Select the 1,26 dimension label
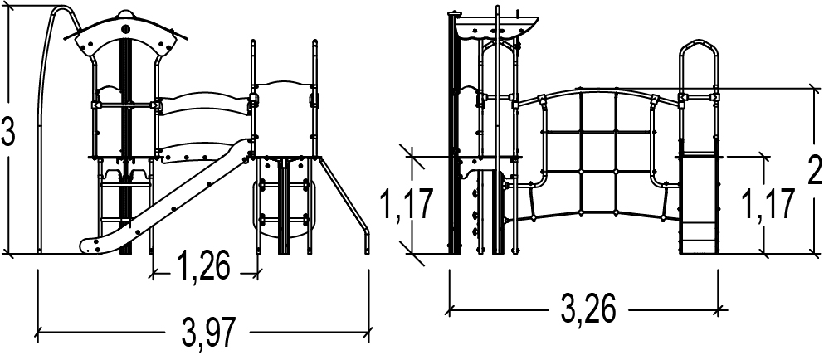pyautogui.click(x=203, y=266)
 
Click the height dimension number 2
pyautogui.click(x=815, y=170)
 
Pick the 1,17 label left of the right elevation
pyautogui.click(x=407, y=204)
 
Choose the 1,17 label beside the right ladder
pyautogui.click(x=766, y=204)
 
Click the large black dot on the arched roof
pyautogui.click(x=125, y=29)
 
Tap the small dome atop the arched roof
pyautogui.click(x=125, y=13)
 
